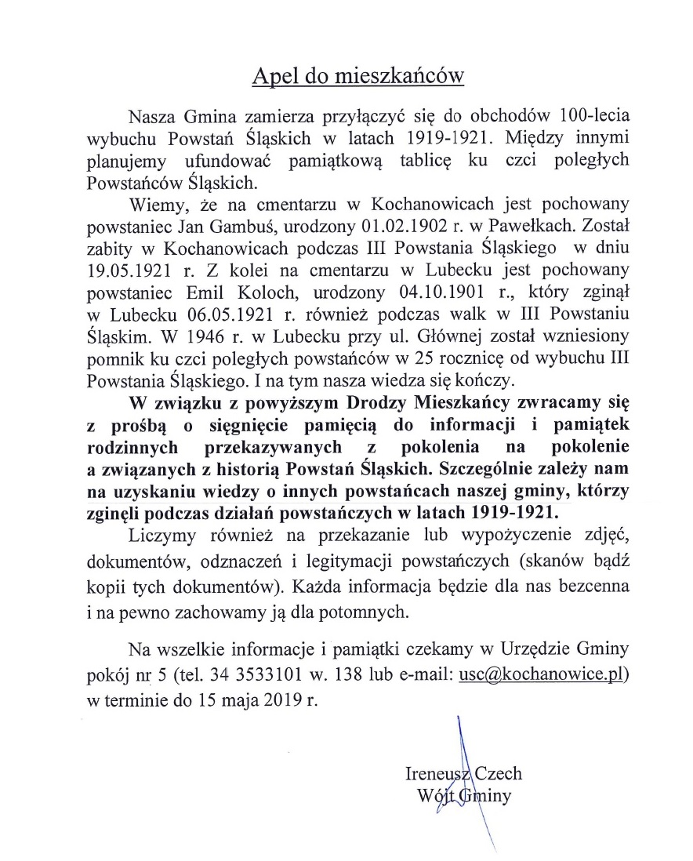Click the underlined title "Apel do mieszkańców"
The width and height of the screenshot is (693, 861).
[x=357, y=76]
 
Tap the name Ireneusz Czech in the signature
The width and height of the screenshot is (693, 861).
[x=463, y=773]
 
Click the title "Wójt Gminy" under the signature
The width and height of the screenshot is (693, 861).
[x=465, y=796]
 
